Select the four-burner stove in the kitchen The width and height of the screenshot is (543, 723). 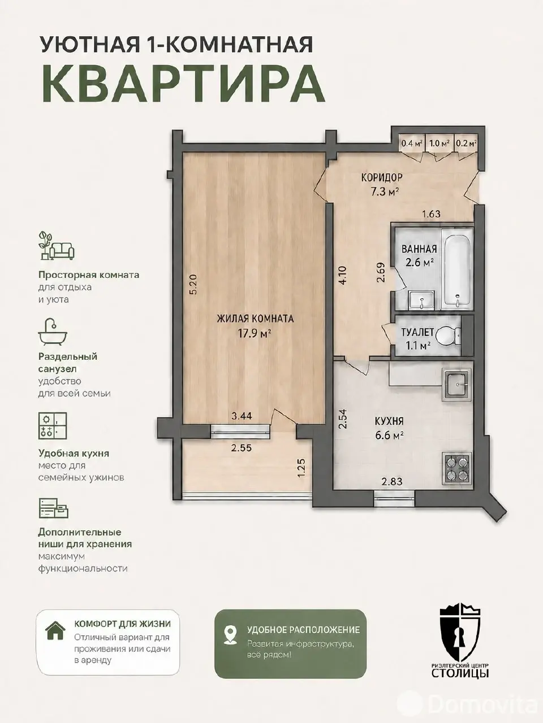(x=457, y=468)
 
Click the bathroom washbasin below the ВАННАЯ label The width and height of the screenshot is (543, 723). (x=422, y=300)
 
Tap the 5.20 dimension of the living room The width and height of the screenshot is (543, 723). (x=193, y=284)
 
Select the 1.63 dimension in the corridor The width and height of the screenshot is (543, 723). (x=432, y=214)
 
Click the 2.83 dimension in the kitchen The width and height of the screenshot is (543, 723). (x=392, y=482)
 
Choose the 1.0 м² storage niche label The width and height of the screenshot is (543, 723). (x=440, y=143)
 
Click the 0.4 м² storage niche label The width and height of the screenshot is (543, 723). (x=412, y=143)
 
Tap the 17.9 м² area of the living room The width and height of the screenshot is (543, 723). (x=255, y=334)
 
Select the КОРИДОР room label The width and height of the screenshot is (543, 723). (x=382, y=177)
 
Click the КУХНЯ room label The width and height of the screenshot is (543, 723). (x=389, y=421)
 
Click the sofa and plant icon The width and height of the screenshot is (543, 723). (x=57, y=245)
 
